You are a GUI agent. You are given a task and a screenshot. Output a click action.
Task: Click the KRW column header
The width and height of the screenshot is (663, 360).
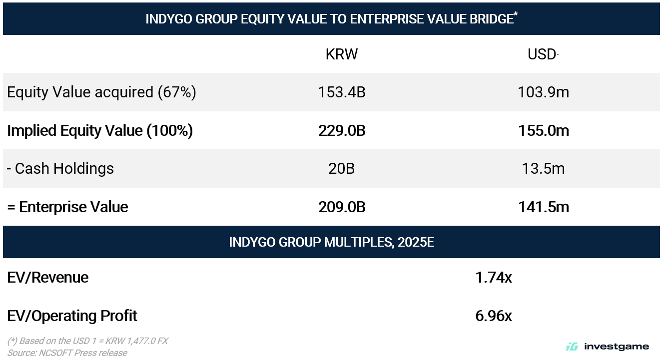342,54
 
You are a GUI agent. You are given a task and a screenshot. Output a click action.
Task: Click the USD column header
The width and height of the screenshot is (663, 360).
542,54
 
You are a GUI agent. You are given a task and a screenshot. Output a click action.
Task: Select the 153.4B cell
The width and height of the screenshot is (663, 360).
342,92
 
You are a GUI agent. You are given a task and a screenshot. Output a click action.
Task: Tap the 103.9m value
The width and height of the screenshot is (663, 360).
544,92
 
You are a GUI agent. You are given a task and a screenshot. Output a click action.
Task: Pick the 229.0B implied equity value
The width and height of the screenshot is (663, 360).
342,131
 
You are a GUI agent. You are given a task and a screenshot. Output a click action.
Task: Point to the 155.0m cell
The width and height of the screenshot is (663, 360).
544,131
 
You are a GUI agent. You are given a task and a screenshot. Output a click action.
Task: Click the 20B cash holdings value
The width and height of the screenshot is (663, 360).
342,169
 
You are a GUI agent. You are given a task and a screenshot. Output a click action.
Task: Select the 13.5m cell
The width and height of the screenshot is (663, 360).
544,169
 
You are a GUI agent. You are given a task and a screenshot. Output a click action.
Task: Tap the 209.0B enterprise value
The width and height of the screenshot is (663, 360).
342,207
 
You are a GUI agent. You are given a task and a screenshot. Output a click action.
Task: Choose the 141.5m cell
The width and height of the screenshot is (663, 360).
544,207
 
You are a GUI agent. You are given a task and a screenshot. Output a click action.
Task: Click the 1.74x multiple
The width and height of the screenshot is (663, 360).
494,278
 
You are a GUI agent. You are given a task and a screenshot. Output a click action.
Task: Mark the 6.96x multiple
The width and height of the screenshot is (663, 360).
494,316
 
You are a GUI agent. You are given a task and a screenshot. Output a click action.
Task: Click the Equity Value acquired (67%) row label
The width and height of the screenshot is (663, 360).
102,92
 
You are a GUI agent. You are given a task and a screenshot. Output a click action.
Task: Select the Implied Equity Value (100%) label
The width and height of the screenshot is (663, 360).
100,131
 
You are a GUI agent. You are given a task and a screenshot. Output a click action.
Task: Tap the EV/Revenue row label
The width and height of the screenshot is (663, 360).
48,278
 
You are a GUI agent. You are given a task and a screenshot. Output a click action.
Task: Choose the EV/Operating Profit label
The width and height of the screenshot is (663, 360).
72,316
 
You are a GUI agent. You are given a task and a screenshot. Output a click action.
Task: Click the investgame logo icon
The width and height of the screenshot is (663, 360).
572,347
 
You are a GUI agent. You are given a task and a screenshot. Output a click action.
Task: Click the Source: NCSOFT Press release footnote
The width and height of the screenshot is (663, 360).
67,353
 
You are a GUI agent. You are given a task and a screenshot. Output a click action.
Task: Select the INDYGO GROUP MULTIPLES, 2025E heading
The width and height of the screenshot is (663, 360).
331,242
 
